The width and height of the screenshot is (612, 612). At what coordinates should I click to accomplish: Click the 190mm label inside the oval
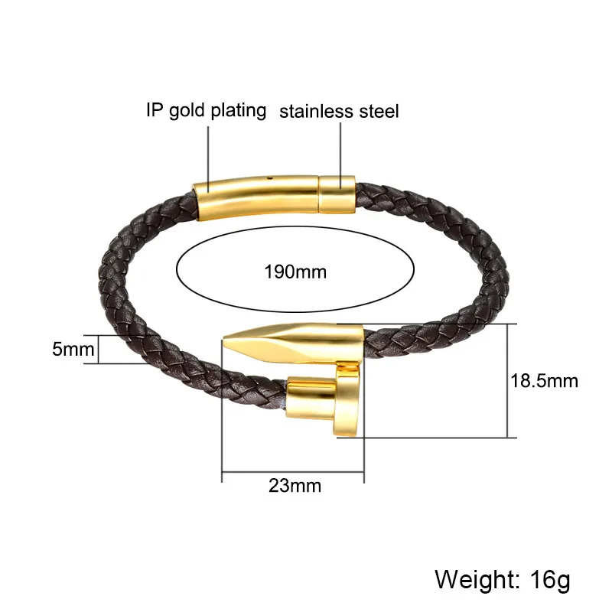[x=295, y=272]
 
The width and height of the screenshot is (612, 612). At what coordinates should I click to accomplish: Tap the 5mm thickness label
[x=73, y=349]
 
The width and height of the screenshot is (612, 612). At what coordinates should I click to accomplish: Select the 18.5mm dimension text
[x=545, y=380]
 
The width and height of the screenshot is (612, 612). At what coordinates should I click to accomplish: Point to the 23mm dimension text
[x=295, y=486]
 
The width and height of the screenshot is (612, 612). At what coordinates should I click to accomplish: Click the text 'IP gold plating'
[x=207, y=110]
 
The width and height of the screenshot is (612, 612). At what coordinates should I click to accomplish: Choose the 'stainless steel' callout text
[x=339, y=111]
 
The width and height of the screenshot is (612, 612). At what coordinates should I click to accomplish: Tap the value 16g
[x=550, y=581]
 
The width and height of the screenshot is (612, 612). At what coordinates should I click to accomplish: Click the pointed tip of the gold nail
[x=223, y=339]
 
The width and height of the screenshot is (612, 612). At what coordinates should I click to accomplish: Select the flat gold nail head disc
[x=347, y=400]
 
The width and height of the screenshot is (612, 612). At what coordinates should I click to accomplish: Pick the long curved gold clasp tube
[x=256, y=197]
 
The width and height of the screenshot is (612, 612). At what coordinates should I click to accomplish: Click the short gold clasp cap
[x=337, y=194]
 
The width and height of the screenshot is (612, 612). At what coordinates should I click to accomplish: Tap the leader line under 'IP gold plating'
[x=208, y=160]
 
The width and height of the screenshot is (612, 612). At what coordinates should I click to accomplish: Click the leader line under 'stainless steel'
[x=340, y=156]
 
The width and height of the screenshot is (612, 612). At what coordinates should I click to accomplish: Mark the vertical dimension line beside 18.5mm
[x=507, y=380]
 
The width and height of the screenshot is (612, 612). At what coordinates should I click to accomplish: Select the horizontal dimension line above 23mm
[x=293, y=472]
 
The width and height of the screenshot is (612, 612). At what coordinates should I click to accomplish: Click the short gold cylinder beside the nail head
[x=311, y=398]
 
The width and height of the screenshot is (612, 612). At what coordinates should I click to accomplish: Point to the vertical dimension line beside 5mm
[x=99, y=350]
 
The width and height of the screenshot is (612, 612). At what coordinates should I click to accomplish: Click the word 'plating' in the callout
[x=239, y=111]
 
